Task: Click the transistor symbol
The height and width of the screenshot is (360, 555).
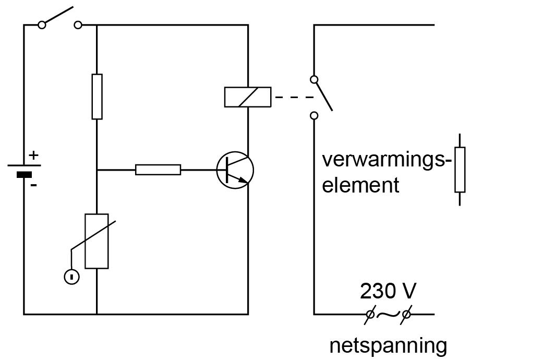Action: click(235, 170)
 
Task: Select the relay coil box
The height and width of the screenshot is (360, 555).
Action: click(248, 97)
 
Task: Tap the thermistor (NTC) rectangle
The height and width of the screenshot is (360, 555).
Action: click(96, 241)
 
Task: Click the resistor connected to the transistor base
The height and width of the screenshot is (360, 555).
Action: click(158, 170)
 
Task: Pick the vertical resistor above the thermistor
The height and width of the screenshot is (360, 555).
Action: click(97, 97)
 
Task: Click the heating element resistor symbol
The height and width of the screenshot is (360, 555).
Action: click(460, 170)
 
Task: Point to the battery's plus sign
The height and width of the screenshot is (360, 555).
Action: click(34, 155)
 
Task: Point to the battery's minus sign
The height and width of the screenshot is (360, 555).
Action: click(33, 185)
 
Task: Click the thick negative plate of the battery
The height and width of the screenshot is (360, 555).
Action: click(24, 174)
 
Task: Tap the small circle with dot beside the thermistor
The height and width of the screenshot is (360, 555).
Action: click(71, 276)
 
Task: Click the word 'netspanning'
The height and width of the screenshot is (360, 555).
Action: click(388, 345)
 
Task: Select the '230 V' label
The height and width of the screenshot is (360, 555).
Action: click(388, 291)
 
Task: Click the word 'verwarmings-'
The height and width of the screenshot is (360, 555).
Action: click(387, 159)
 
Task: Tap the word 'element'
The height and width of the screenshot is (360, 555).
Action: click(360, 185)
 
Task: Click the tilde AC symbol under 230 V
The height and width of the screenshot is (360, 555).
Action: click(388, 314)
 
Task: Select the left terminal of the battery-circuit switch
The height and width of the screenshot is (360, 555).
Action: click(42, 25)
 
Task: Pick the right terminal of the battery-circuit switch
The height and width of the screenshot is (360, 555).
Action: click(78, 25)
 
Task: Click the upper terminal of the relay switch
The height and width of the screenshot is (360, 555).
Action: click(314, 79)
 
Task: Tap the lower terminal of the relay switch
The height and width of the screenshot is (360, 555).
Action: click(314, 115)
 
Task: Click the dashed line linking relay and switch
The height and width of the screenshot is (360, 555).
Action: click(293, 97)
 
